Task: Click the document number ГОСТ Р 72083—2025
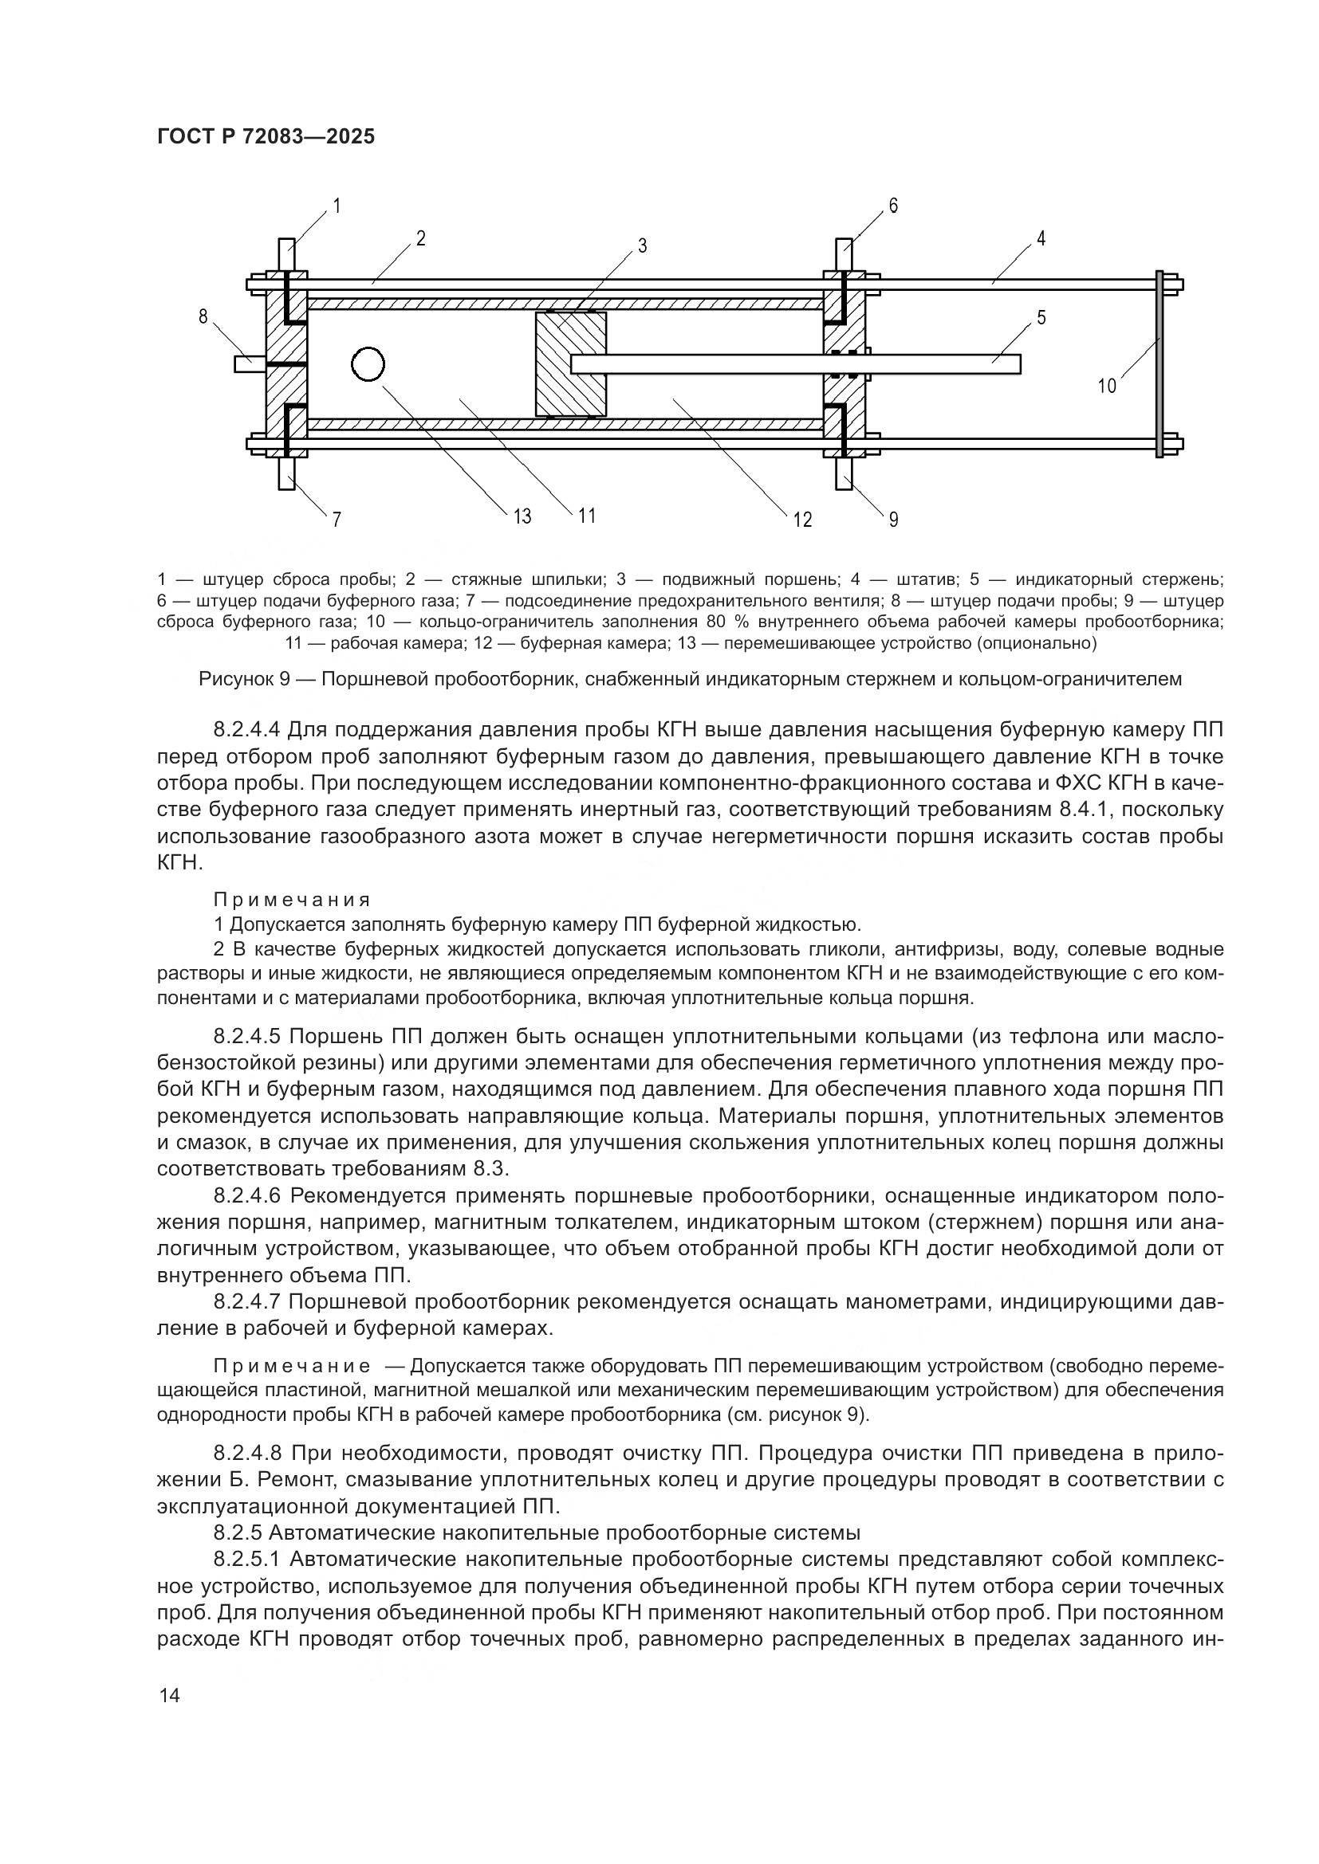tap(266, 136)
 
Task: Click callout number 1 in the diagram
tap(337, 206)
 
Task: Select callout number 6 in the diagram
tap(892, 206)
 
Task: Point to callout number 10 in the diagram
tap(1107, 387)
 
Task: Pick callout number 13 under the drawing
tap(522, 516)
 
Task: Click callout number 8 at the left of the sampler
tap(203, 316)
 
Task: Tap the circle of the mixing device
tap(367, 364)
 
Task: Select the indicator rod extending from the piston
tap(796, 363)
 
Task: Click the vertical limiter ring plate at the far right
tap(1160, 364)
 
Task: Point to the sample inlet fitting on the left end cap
tap(248, 363)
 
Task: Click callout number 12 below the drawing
tap(801, 520)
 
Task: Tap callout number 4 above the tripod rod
tap(1041, 239)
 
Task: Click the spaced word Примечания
tap(292, 900)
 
